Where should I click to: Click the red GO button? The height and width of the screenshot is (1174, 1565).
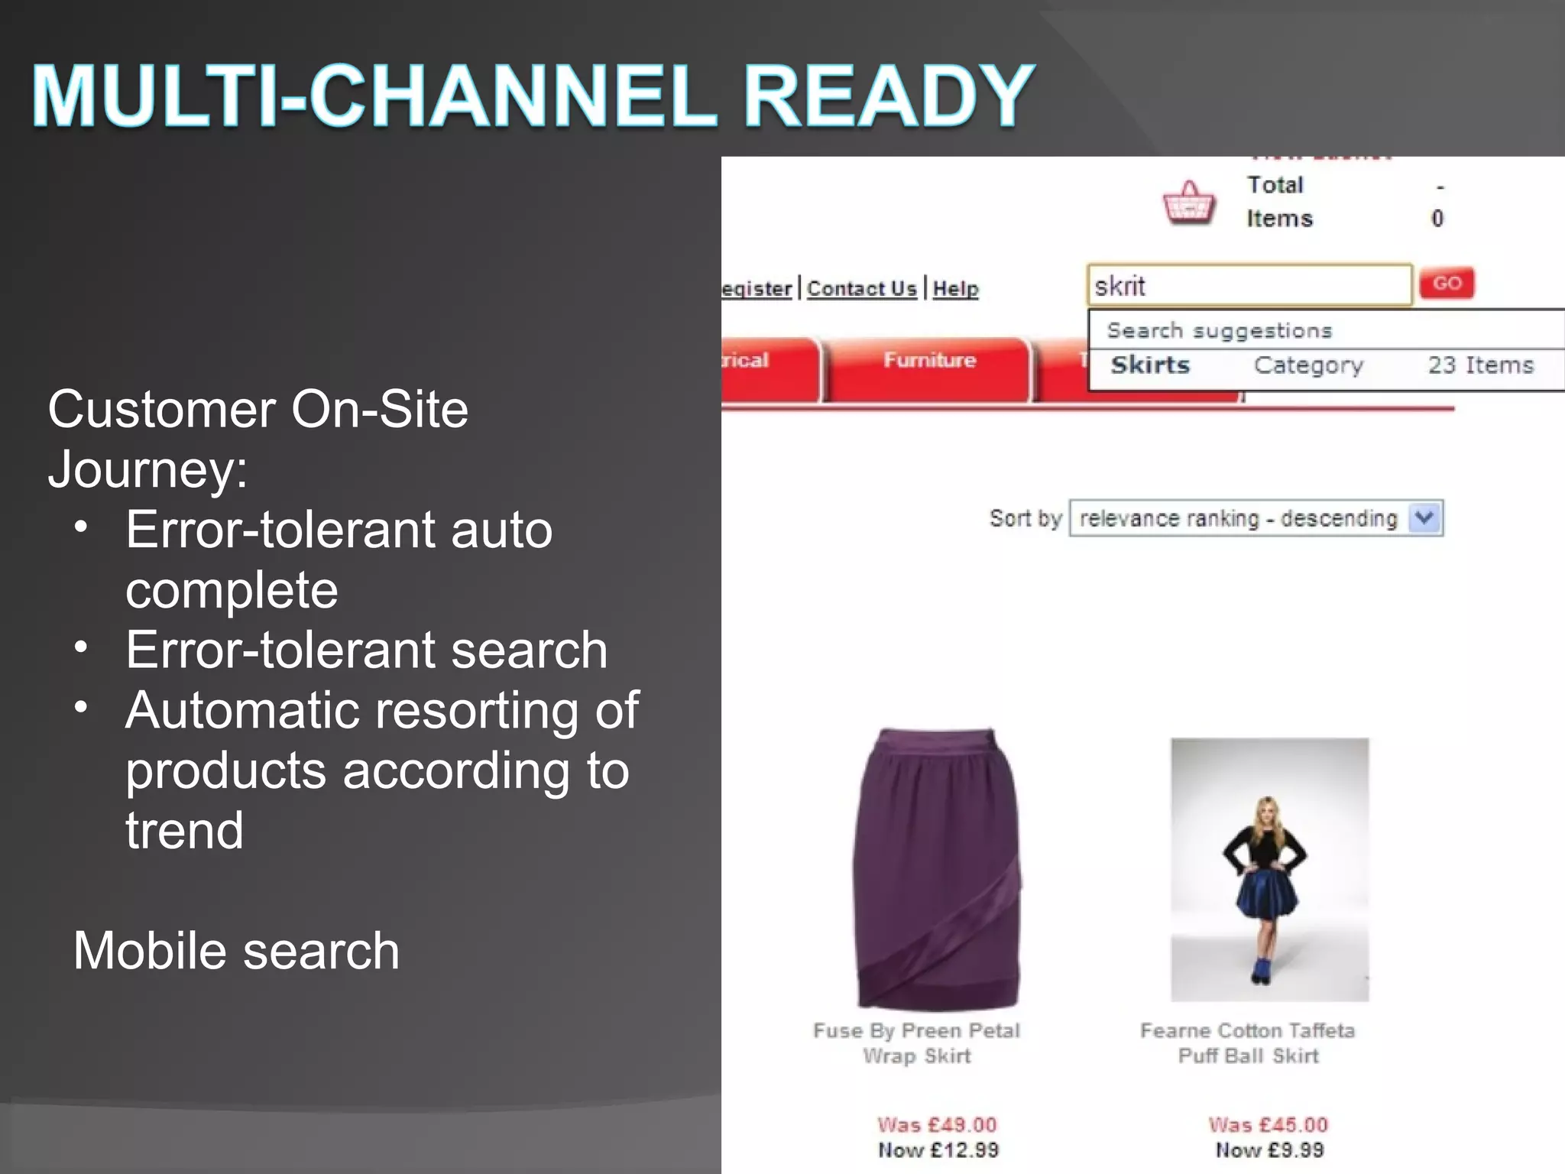(1446, 284)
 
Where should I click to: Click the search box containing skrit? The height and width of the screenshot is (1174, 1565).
(1249, 286)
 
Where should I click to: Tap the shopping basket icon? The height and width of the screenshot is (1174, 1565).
(1188, 203)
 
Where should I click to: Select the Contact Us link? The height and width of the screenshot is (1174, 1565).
(861, 289)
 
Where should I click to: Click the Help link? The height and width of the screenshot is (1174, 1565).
(955, 289)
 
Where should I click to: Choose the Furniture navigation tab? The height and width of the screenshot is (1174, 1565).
(929, 361)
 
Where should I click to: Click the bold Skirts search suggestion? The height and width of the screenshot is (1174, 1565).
(1150, 365)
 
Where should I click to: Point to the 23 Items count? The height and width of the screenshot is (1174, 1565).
(1480, 365)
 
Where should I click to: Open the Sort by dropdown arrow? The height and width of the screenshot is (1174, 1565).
(1424, 518)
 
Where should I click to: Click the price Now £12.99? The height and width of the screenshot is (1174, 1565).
(938, 1150)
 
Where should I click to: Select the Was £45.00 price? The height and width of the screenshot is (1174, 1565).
(1268, 1124)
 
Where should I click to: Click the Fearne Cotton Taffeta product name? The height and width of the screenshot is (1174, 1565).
(1247, 1031)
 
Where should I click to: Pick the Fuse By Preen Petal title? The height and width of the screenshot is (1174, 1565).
(916, 1031)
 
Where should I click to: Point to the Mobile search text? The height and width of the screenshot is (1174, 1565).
(236, 951)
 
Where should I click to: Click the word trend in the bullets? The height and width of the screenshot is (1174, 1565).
(184, 830)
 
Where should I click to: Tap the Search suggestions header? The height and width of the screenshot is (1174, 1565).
(1219, 331)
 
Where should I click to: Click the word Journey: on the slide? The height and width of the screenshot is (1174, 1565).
(147, 469)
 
